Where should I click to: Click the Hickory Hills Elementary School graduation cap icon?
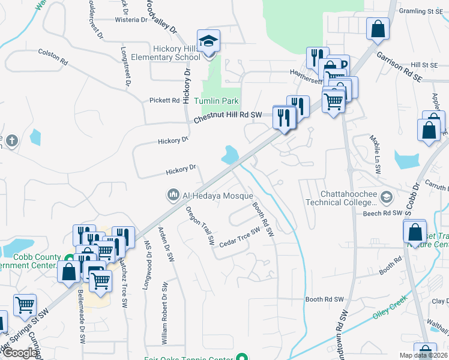point(209,41)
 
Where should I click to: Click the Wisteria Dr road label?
point(131,20)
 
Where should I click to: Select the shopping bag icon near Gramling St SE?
point(378,29)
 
